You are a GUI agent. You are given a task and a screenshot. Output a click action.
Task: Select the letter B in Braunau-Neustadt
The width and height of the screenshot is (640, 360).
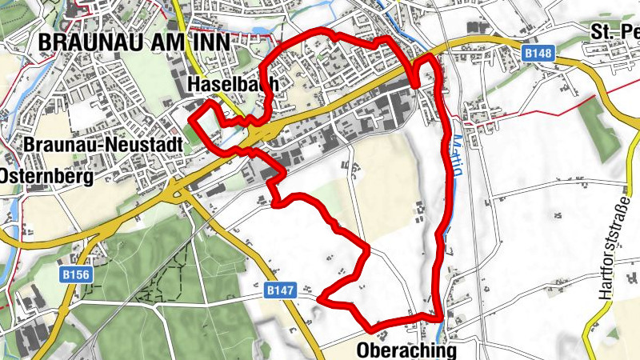click(30, 145)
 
